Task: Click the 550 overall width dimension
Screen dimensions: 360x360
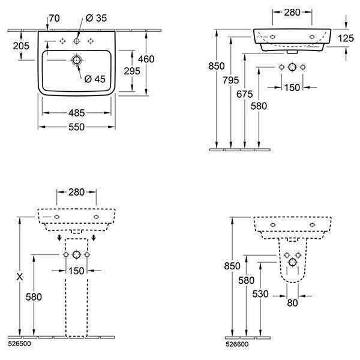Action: (x=76, y=127)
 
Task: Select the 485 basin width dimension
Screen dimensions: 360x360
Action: (x=76, y=113)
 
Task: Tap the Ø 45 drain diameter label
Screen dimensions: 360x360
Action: (x=95, y=79)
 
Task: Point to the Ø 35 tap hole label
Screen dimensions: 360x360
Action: (x=96, y=18)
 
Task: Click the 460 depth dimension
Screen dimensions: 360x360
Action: (x=146, y=59)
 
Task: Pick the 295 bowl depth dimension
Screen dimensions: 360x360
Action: (x=132, y=71)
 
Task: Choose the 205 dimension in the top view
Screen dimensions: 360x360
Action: (x=21, y=46)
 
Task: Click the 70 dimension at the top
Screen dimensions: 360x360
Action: (x=55, y=19)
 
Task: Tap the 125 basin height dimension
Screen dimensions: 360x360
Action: (x=346, y=38)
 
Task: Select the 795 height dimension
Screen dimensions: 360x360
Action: (x=231, y=80)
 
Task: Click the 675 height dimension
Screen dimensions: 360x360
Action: (x=245, y=94)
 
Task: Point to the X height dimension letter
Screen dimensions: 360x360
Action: (x=20, y=277)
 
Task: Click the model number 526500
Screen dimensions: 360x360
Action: (x=19, y=344)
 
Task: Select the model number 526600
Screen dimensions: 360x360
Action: (x=237, y=344)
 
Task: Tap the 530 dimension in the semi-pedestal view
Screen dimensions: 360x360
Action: (x=260, y=294)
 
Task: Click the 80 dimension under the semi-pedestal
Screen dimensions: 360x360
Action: (x=293, y=303)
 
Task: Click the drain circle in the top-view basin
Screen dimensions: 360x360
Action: (x=76, y=60)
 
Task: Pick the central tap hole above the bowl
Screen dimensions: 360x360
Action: (x=76, y=41)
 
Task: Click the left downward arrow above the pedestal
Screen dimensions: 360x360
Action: (x=59, y=238)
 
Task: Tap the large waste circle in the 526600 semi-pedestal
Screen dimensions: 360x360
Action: (x=293, y=262)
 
